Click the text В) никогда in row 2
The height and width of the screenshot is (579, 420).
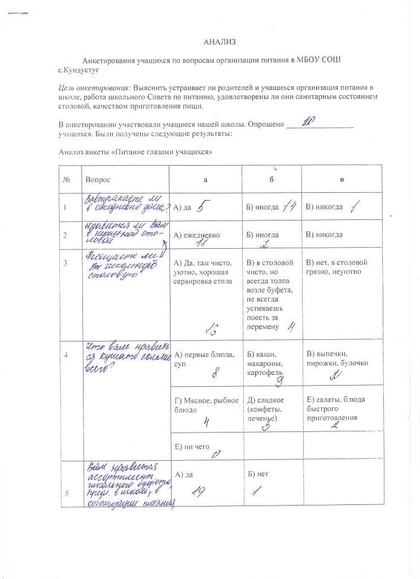(x=325, y=234)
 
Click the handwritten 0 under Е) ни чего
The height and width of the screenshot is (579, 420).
(x=215, y=455)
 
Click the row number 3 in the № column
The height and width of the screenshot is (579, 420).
(x=67, y=262)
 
